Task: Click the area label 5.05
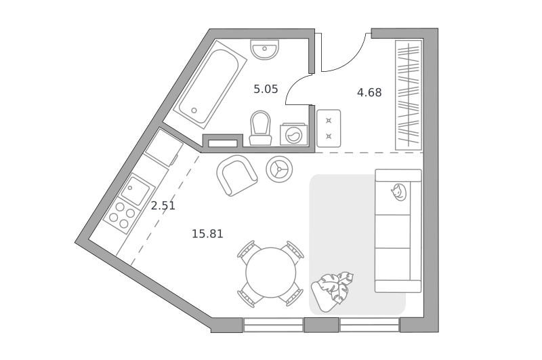point(266,89)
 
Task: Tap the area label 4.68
point(369,93)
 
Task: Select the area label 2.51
point(163,206)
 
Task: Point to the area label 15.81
point(207,234)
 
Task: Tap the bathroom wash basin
point(264,49)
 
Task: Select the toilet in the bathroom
point(260,128)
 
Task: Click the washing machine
point(294,134)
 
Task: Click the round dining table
point(271,273)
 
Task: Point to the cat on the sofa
point(398,193)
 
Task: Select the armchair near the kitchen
point(236,175)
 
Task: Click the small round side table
point(279,169)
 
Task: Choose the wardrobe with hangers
point(409,95)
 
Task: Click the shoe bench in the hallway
point(329,128)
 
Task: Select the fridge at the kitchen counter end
point(164,148)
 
